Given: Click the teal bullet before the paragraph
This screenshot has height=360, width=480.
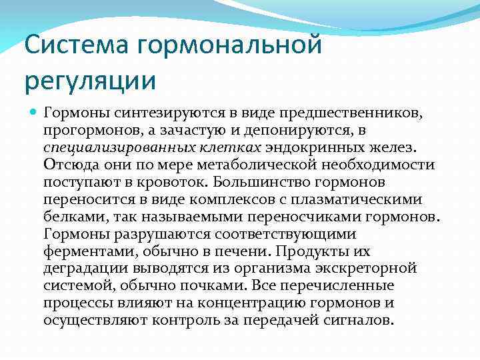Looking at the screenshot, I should [x=33, y=113].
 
